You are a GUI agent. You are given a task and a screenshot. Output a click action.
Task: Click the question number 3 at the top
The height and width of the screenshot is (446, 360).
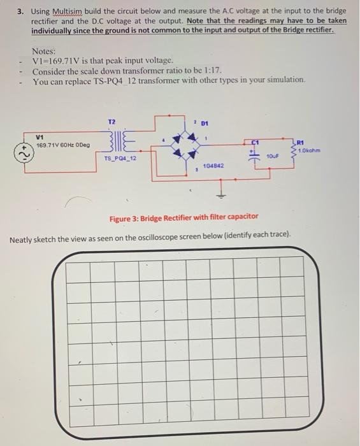21,11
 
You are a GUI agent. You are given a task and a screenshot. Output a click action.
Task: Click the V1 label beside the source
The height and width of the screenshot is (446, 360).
40,136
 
